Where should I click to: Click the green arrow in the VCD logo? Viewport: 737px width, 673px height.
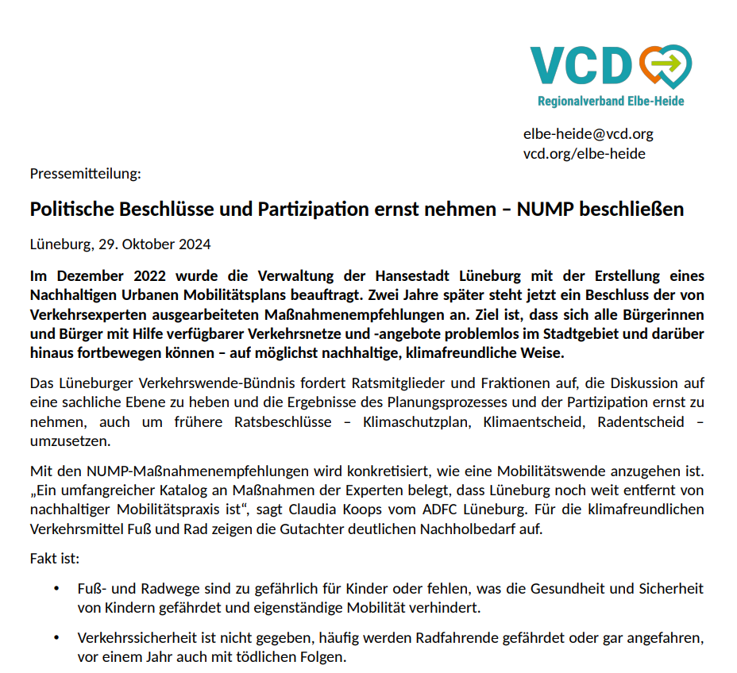click(669, 62)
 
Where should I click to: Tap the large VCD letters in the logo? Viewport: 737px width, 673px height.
click(581, 64)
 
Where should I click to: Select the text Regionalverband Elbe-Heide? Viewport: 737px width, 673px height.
click(611, 102)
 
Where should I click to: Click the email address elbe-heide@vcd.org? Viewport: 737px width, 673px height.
click(588, 134)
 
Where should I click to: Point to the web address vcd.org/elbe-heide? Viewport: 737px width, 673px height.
click(584, 153)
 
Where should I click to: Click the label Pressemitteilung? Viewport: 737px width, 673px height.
click(85, 173)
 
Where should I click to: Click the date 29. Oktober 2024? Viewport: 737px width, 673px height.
click(155, 244)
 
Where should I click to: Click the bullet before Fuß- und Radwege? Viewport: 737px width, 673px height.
click(56, 589)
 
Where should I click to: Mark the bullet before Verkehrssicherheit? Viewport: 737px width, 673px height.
click(56, 638)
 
